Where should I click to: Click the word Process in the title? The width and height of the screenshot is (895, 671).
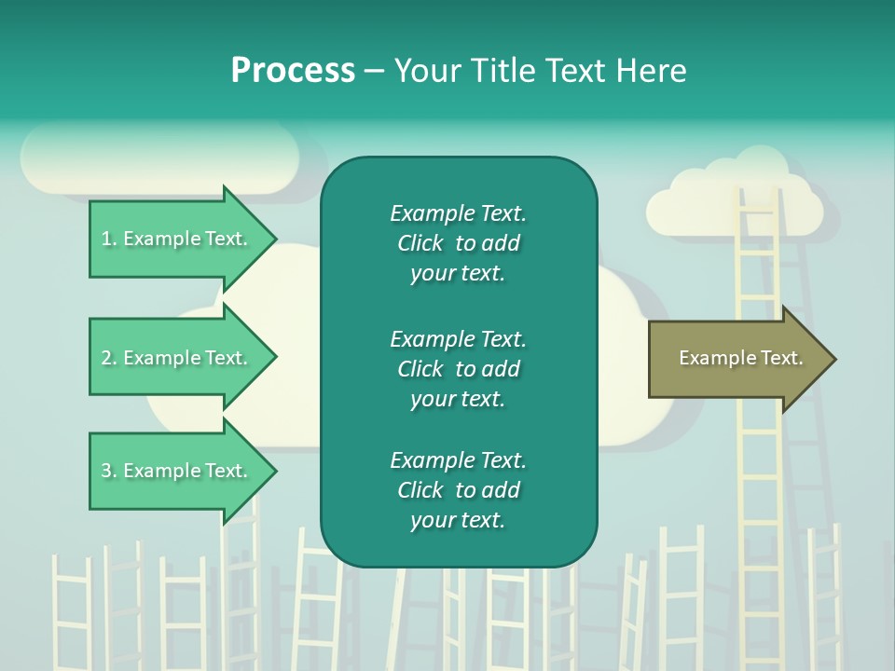(293, 71)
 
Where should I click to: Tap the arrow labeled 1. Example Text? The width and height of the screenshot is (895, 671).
(177, 239)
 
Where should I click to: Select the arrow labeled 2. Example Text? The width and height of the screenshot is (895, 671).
(177, 358)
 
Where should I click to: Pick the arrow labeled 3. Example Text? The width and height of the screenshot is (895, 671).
(177, 471)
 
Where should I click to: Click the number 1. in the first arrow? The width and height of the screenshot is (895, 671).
(109, 239)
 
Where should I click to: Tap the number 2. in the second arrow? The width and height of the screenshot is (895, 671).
(109, 358)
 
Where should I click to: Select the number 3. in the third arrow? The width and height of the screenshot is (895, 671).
(109, 471)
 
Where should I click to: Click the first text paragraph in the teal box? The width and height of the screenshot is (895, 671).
(458, 243)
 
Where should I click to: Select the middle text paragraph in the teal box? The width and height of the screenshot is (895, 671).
(458, 369)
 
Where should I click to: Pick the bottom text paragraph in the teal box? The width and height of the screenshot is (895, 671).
(458, 490)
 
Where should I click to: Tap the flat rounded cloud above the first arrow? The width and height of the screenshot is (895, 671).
(158, 157)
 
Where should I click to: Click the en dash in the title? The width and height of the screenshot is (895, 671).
(374, 71)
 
